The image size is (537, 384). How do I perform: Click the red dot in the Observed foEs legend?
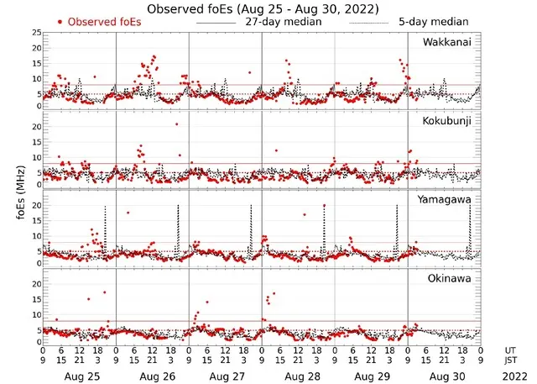pyautogui.click(x=60, y=20)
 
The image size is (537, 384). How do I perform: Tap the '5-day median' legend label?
pyautogui.click(x=434, y=20)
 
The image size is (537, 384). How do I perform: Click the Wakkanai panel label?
pyautogui.click(x=446, y=42)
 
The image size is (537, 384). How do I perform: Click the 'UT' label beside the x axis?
pyautogui.click(x=511, y=349)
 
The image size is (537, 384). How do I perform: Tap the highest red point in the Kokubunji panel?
pyautogui.click(x=176, y=124)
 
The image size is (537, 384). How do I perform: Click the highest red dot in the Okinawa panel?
pyautogui.click(x=104, y=292)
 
